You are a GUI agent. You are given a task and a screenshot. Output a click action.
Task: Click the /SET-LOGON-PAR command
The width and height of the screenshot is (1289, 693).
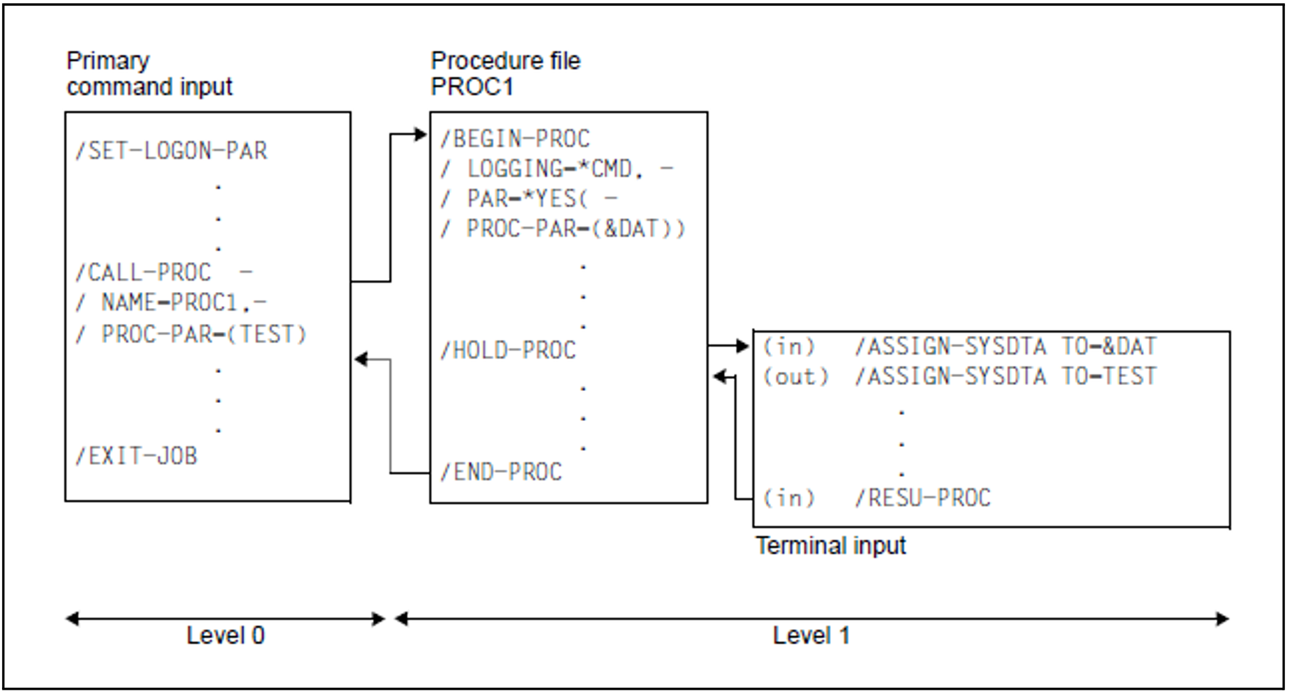(x=172, y=151)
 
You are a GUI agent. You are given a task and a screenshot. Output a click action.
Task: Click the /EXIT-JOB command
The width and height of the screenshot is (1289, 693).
(x=136, y=456)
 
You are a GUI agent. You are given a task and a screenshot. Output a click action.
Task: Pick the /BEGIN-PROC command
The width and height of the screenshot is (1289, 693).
(x=515, y=139)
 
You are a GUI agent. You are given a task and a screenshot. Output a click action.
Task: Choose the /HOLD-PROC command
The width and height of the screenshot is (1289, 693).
(x=509, y=350)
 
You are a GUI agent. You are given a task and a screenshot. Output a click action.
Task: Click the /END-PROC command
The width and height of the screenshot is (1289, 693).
(x=502, y=472)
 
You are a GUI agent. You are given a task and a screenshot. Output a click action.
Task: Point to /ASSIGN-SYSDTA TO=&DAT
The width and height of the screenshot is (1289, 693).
(x=1006, y=346)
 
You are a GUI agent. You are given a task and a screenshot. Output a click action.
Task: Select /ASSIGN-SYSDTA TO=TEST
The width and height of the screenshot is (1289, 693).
(x=1006, y=376)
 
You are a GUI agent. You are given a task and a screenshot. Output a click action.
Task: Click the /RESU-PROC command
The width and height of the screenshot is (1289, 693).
(x=923, y=497)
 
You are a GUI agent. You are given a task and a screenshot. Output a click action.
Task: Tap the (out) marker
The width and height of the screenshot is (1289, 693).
(x=795, y=377)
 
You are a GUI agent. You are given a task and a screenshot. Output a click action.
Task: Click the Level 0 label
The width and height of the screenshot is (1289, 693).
(x=225, y=636)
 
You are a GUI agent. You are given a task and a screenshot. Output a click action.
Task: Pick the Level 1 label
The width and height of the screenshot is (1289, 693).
(x=811, y=636)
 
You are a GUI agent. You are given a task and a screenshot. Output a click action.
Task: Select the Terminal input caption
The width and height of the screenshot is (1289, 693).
(x=831, y=546)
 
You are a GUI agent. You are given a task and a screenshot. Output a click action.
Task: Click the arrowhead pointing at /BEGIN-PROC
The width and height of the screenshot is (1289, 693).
(x=420, y=135)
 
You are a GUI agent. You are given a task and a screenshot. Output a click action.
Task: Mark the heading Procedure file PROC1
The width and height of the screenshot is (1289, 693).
(x=505, y=74)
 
